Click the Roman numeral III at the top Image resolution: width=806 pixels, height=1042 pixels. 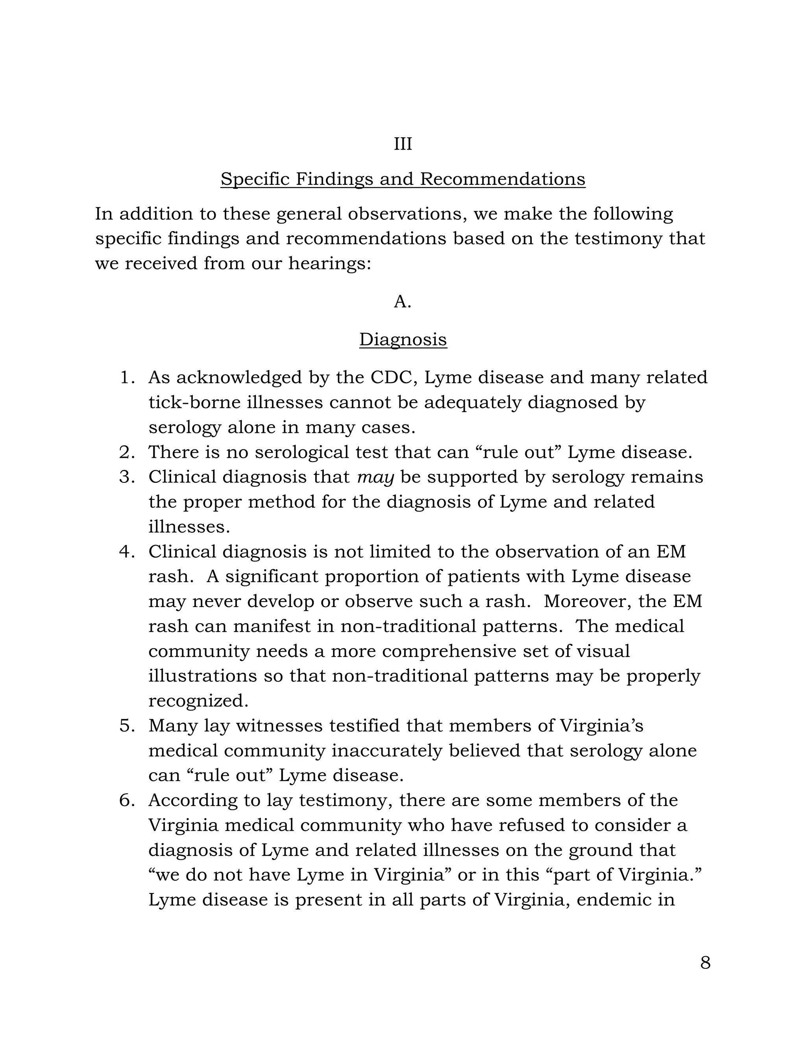click(403, 144)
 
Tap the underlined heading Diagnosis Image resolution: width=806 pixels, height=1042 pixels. click(403, 340)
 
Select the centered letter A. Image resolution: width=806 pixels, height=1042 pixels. click(402, 302)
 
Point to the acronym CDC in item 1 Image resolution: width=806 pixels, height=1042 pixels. click(391, 378)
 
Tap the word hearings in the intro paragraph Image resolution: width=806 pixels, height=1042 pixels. click(329, 263)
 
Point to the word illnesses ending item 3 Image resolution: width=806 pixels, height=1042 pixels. click(189, 527)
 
